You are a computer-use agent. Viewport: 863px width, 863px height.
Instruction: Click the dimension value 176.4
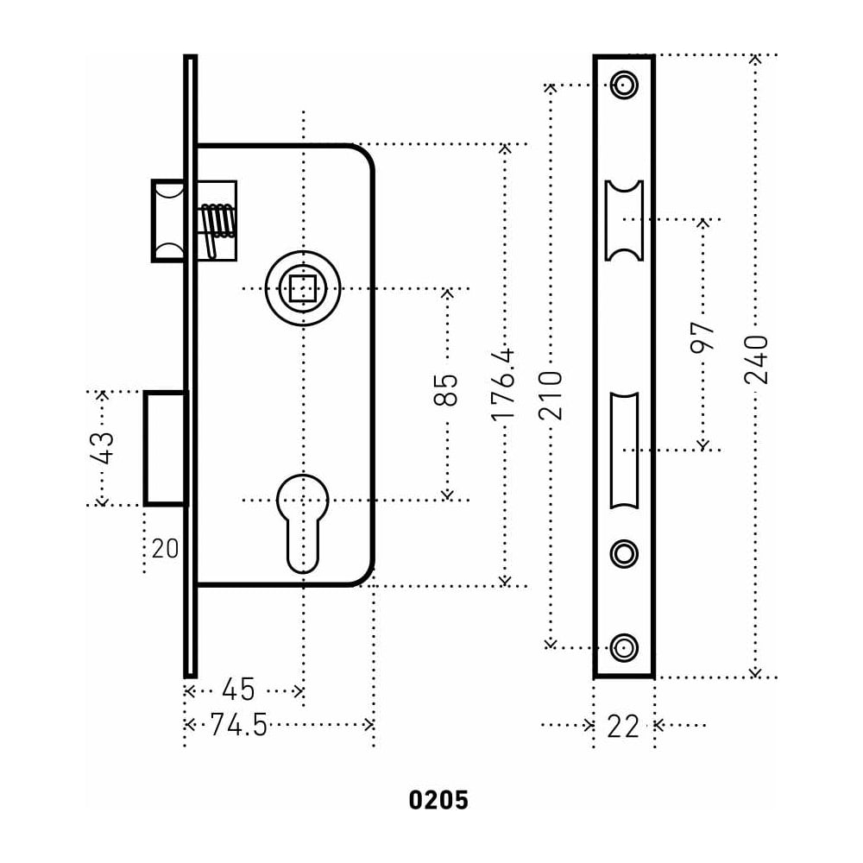[x=503, y=383]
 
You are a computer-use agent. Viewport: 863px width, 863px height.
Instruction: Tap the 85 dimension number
[x=445, y=389]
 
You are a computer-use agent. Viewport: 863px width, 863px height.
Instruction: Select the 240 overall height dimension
[x=755, y=359]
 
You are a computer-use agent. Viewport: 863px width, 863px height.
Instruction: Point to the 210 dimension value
[x=551, y=394]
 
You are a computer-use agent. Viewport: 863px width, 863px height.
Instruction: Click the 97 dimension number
[x=703, y=337]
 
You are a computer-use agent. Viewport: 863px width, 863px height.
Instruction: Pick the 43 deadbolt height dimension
[x=102, y=447]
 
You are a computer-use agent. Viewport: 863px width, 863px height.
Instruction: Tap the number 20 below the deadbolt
[x=165, y=549]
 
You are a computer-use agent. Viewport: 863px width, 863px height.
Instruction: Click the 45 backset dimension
[x=239, y=690]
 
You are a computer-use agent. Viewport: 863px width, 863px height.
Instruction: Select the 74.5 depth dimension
[x=239, y=725]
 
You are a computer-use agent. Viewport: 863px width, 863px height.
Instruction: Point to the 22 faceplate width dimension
[x=623, y=727]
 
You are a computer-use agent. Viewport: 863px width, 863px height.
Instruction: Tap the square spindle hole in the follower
[x=302, y=287]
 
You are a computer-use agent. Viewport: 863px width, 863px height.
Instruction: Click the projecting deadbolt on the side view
[x=166, y=448]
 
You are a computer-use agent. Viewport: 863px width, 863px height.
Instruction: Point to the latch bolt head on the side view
[x=168, y=220]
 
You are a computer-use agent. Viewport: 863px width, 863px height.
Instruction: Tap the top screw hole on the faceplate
[x=624, y=85]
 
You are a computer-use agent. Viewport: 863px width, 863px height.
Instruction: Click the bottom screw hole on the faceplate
[x=624, y=646]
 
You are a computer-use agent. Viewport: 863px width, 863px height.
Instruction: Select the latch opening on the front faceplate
[x=624, y=220]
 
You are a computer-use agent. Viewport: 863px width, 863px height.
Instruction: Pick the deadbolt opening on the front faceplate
[x=624, y=450]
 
